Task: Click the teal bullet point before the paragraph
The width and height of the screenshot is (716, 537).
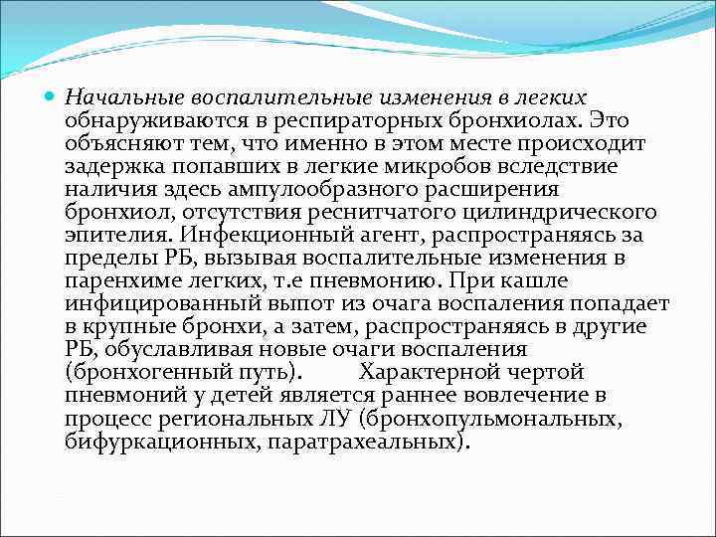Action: pos(52,97)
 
